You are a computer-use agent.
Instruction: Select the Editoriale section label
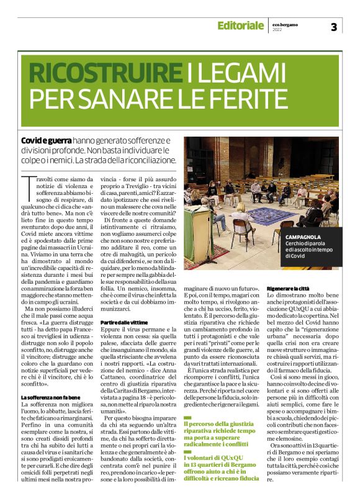tap(240, 25)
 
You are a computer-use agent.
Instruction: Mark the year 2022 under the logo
tap(277, 30)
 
